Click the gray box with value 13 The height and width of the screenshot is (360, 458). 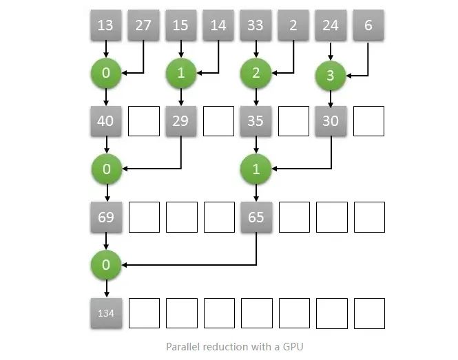[106, 26]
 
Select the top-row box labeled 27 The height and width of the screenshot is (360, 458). [143, 26]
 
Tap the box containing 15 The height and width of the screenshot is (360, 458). [180, 26]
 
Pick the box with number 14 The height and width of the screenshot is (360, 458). [218, 26]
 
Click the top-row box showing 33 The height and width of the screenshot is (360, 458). [256, 26]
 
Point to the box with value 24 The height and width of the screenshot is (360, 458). [331, 26]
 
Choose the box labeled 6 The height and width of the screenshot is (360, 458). [368, 26]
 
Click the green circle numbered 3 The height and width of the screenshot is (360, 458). [331, 76]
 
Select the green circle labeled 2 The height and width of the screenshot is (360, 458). [256, 73]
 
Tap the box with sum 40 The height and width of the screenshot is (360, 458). [106, 121]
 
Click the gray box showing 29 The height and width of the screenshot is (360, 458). [180, 121]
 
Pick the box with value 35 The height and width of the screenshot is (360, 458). [256, 121]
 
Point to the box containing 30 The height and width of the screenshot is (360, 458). [331, 121]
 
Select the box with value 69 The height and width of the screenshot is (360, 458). [106, 218]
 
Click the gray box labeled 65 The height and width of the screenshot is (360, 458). [256, 218]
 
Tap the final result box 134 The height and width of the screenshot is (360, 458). [106, 313]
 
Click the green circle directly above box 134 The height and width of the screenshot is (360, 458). [106, 264]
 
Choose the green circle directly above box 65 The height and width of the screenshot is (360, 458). [256, 169]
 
